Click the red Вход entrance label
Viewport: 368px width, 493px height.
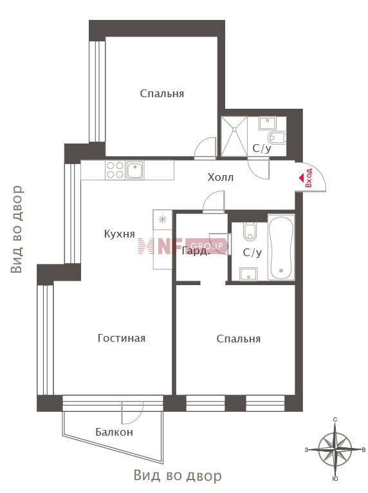tap(309, 178)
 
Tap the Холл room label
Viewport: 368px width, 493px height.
tap(220, 178)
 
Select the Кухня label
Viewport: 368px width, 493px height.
tap(120, 234)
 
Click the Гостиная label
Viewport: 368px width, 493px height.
tap(122, 338)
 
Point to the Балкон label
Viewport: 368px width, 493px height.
tap(115, 432)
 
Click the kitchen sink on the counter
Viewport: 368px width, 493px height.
tap(135, 170)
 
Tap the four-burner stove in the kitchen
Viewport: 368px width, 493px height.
tap(115, 170)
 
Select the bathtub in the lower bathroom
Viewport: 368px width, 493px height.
tap(281, 247)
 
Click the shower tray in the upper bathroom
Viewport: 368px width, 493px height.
tap(234, 136)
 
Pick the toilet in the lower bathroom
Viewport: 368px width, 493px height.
tap(250, 232)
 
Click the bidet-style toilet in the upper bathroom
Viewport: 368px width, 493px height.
tap(277, 137)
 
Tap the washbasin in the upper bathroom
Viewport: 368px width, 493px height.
tap(267, 123)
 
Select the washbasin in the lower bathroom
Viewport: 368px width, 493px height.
tap(248, 274)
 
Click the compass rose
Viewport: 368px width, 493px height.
tap(335, 449)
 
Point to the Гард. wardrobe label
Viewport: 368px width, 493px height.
tap(195, 251)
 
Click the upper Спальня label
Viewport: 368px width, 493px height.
tap(162, 94)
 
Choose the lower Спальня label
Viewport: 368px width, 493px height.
tap(239, 339)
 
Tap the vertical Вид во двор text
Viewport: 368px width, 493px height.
tap(17, 229)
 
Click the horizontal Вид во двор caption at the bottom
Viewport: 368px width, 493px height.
tap(178, 476)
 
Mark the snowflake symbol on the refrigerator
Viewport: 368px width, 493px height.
tap(162, 219)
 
